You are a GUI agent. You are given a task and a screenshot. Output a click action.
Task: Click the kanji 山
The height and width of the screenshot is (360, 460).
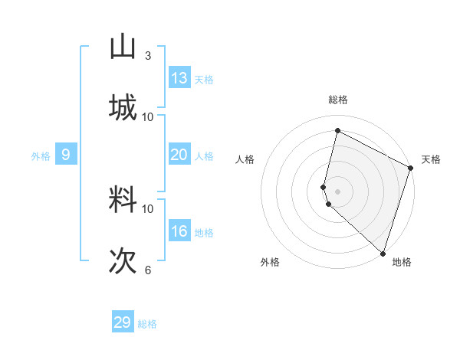tap(123, 47)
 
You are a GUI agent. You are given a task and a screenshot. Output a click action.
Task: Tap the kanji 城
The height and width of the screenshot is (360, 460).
tap(123, 107)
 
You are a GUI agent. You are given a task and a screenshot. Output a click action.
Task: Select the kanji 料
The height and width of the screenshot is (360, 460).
tap(123, 200)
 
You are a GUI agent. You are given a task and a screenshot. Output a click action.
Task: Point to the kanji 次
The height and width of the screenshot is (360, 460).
tap(123, 260)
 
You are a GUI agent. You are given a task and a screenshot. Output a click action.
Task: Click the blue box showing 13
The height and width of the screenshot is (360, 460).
tap(179, 77)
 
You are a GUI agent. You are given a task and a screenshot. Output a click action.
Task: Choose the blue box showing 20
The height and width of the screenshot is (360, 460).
tap(179, 155)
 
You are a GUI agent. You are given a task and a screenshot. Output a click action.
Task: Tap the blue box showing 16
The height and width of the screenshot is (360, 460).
tap(179, 231)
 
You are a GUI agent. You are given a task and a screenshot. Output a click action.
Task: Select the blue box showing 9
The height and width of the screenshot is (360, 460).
tap(66, 155)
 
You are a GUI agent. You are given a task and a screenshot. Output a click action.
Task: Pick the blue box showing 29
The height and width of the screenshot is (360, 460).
tap(123, 322)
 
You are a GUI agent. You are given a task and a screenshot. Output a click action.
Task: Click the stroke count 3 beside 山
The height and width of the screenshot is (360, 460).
tap(148, 56)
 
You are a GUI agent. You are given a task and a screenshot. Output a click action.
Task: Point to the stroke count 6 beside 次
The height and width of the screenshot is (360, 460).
tap(148, 270)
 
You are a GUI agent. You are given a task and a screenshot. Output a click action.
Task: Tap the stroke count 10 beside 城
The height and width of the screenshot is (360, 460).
tap(148, 116)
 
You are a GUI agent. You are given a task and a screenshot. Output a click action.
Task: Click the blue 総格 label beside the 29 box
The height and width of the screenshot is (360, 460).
tap(148, 324)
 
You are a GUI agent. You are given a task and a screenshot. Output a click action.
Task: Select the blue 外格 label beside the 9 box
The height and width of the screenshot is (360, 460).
tap(41, 156)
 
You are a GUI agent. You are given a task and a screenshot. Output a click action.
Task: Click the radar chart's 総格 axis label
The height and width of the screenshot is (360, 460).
tap(338, 100)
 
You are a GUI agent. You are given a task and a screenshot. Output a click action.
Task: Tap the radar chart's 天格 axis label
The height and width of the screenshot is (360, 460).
tap(431, 159)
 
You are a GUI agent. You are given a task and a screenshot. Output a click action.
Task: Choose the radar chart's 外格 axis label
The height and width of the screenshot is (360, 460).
tap(270, 263)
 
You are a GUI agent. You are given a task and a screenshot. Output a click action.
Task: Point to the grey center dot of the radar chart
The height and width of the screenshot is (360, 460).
tap(338, 191)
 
